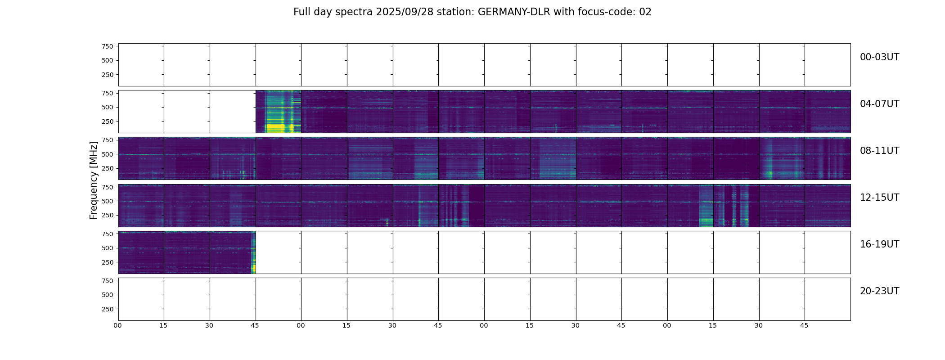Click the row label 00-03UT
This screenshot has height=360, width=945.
[879, 57]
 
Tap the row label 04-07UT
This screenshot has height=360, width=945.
[879, 104]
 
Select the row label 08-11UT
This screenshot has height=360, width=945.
[879, 151]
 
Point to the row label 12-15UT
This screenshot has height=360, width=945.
[879, 198]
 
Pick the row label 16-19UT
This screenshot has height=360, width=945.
[879, 244]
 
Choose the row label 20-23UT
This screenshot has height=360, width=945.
[879, 291]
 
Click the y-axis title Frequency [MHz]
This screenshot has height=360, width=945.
[94, 180]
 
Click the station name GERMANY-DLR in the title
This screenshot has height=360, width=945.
[514, 12]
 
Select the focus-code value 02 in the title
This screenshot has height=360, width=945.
[645, 12]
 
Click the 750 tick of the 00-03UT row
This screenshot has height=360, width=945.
[107, 46]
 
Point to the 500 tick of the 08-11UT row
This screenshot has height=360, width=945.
[107, 154]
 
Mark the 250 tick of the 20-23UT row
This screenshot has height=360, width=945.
[107, 309]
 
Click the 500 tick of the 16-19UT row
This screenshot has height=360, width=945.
[107, 248]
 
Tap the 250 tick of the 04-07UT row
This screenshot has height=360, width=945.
[107, 121]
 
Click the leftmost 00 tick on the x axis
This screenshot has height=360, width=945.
[118, 325]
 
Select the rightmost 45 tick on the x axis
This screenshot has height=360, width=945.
[804, 325]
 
